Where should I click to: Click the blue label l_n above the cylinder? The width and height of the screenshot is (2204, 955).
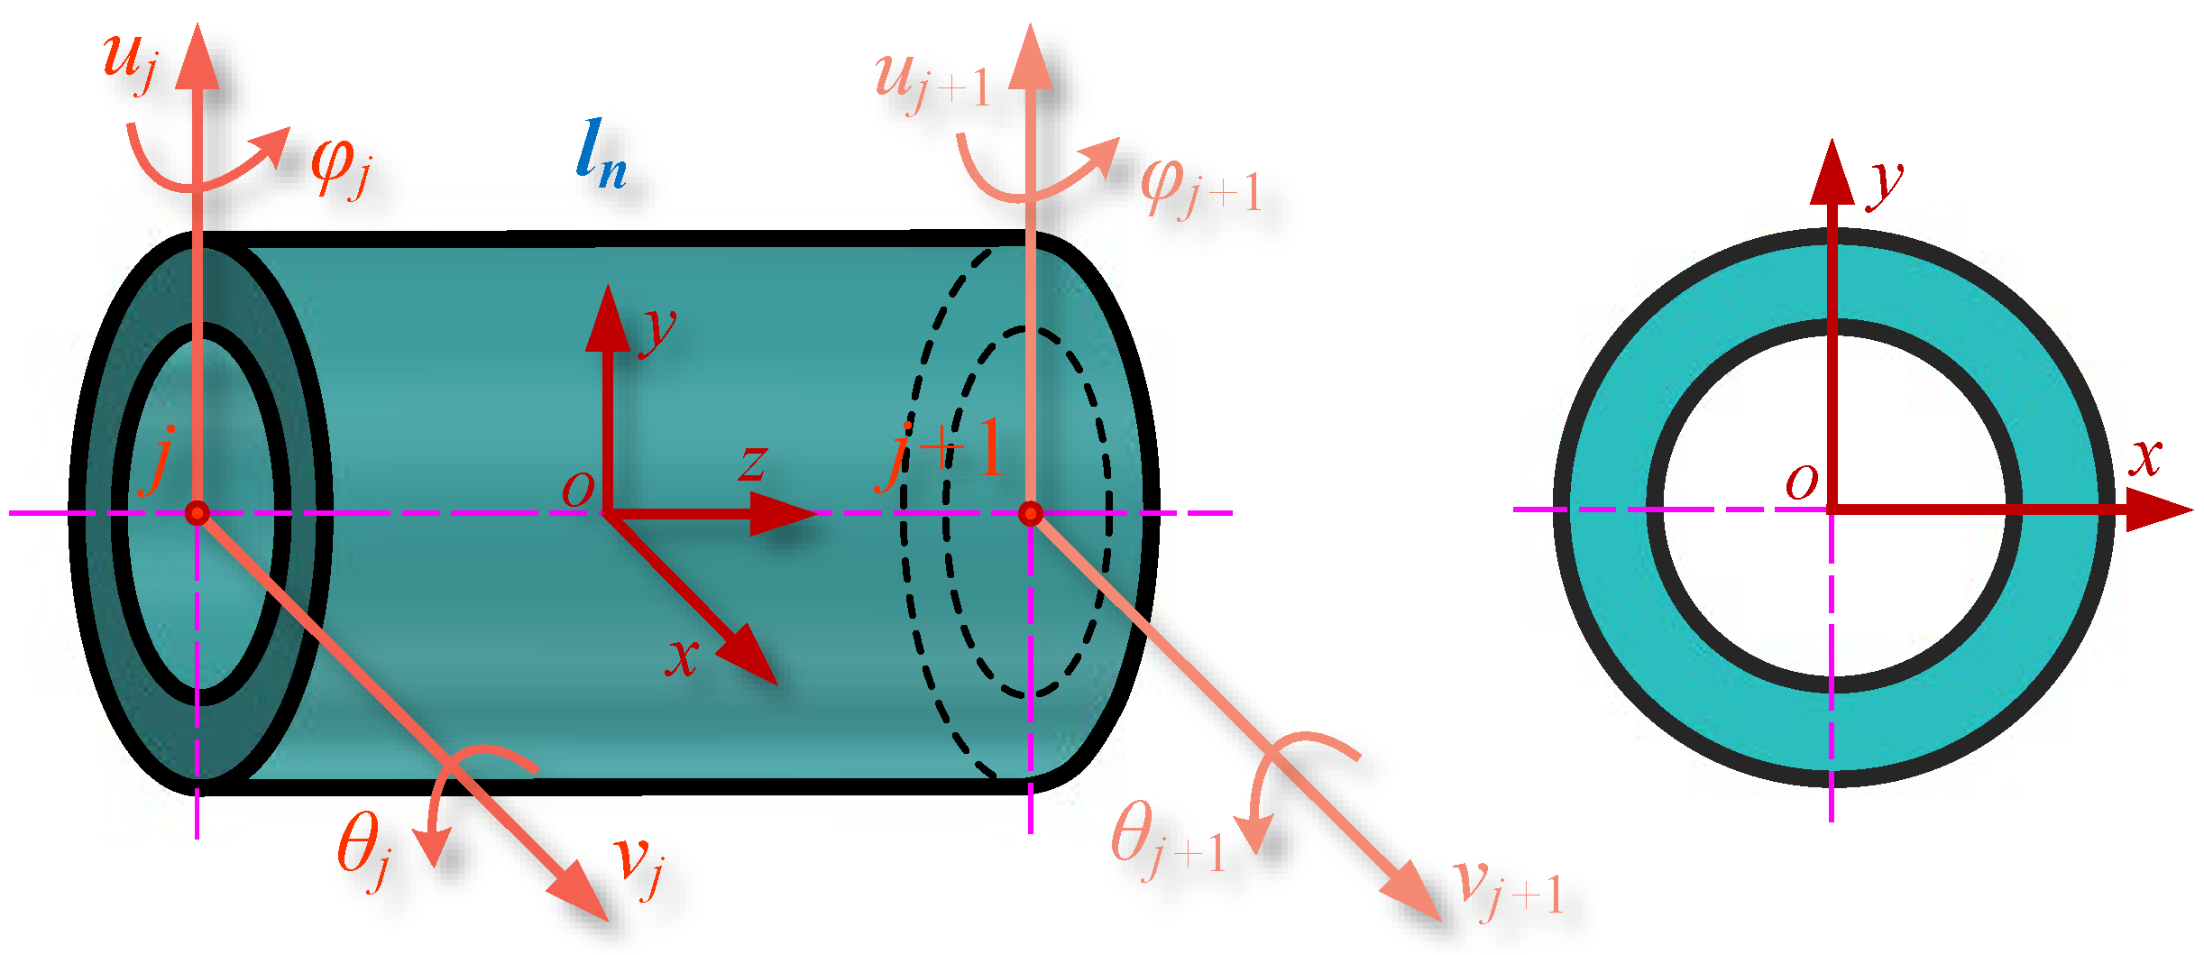(x=601, y=155)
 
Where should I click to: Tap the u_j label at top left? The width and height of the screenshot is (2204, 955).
(x=132, y=61)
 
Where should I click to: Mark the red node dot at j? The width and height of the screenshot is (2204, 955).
(x=197, y=513)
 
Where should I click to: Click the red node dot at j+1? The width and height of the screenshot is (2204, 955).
(x=1031, y=513)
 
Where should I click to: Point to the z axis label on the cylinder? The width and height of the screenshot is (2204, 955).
(x=752, y=463)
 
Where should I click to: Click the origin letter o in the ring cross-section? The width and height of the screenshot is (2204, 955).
(x=1802, y=482)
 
